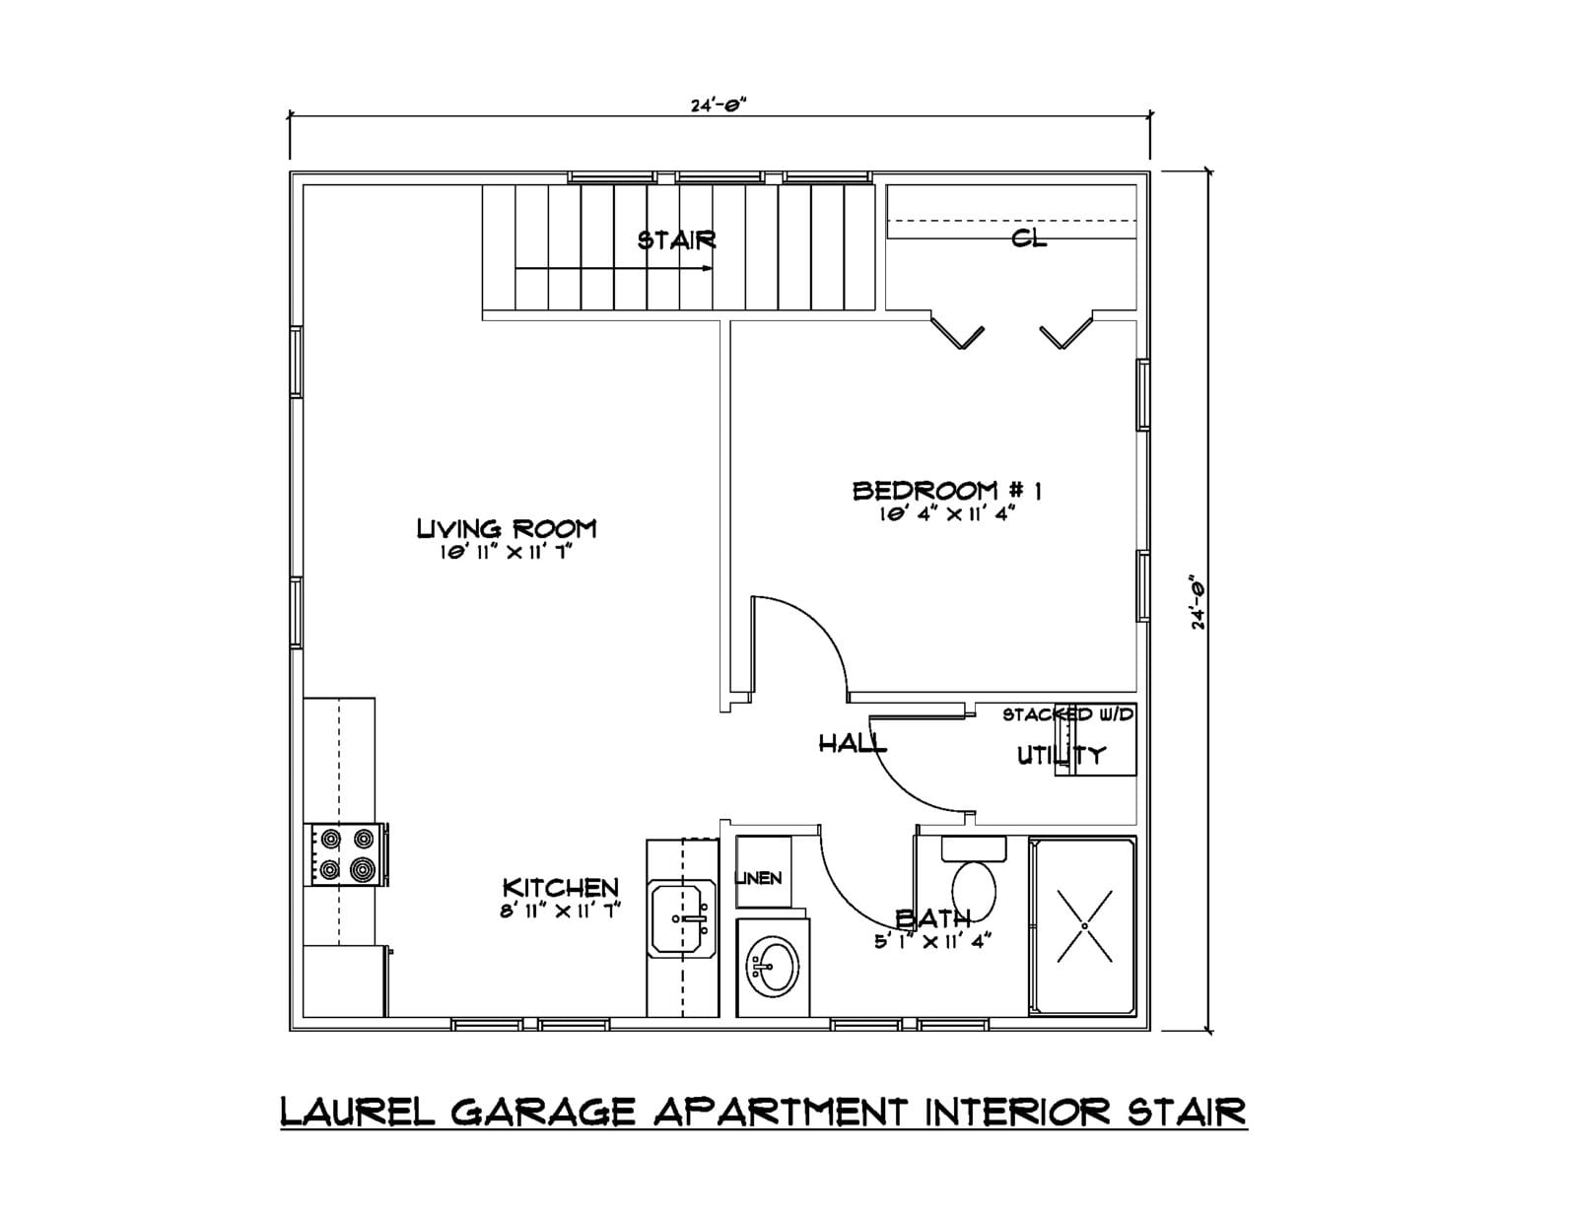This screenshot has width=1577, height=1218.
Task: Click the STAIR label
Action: click(676, 240)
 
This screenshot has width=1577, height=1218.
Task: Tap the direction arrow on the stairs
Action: click(614, 268)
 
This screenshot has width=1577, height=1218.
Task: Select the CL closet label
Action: click(1029, 238)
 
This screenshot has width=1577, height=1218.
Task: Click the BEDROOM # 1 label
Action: click(947, 491)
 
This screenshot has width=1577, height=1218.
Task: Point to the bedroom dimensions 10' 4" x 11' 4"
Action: click(946, 514)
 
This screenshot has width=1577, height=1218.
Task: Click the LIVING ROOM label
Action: click(507, 529)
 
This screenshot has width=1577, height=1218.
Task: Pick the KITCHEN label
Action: click(560, 888)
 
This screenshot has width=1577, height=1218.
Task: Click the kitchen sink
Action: click(682, 918)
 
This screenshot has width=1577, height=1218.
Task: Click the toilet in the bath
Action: click(973, 881)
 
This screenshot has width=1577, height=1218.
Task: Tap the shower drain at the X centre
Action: click(1084, 926)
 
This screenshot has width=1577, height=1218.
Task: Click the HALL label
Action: click(853, 743)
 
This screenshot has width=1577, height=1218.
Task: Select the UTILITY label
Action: click(1061, 756)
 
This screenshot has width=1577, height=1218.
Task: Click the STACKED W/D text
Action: click(1068, 714)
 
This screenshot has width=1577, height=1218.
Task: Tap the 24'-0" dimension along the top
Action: click(719, 104)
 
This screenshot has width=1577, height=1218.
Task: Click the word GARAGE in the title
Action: click(543, 1112)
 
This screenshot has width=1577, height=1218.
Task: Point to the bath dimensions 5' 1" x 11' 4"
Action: click(933, 942)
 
